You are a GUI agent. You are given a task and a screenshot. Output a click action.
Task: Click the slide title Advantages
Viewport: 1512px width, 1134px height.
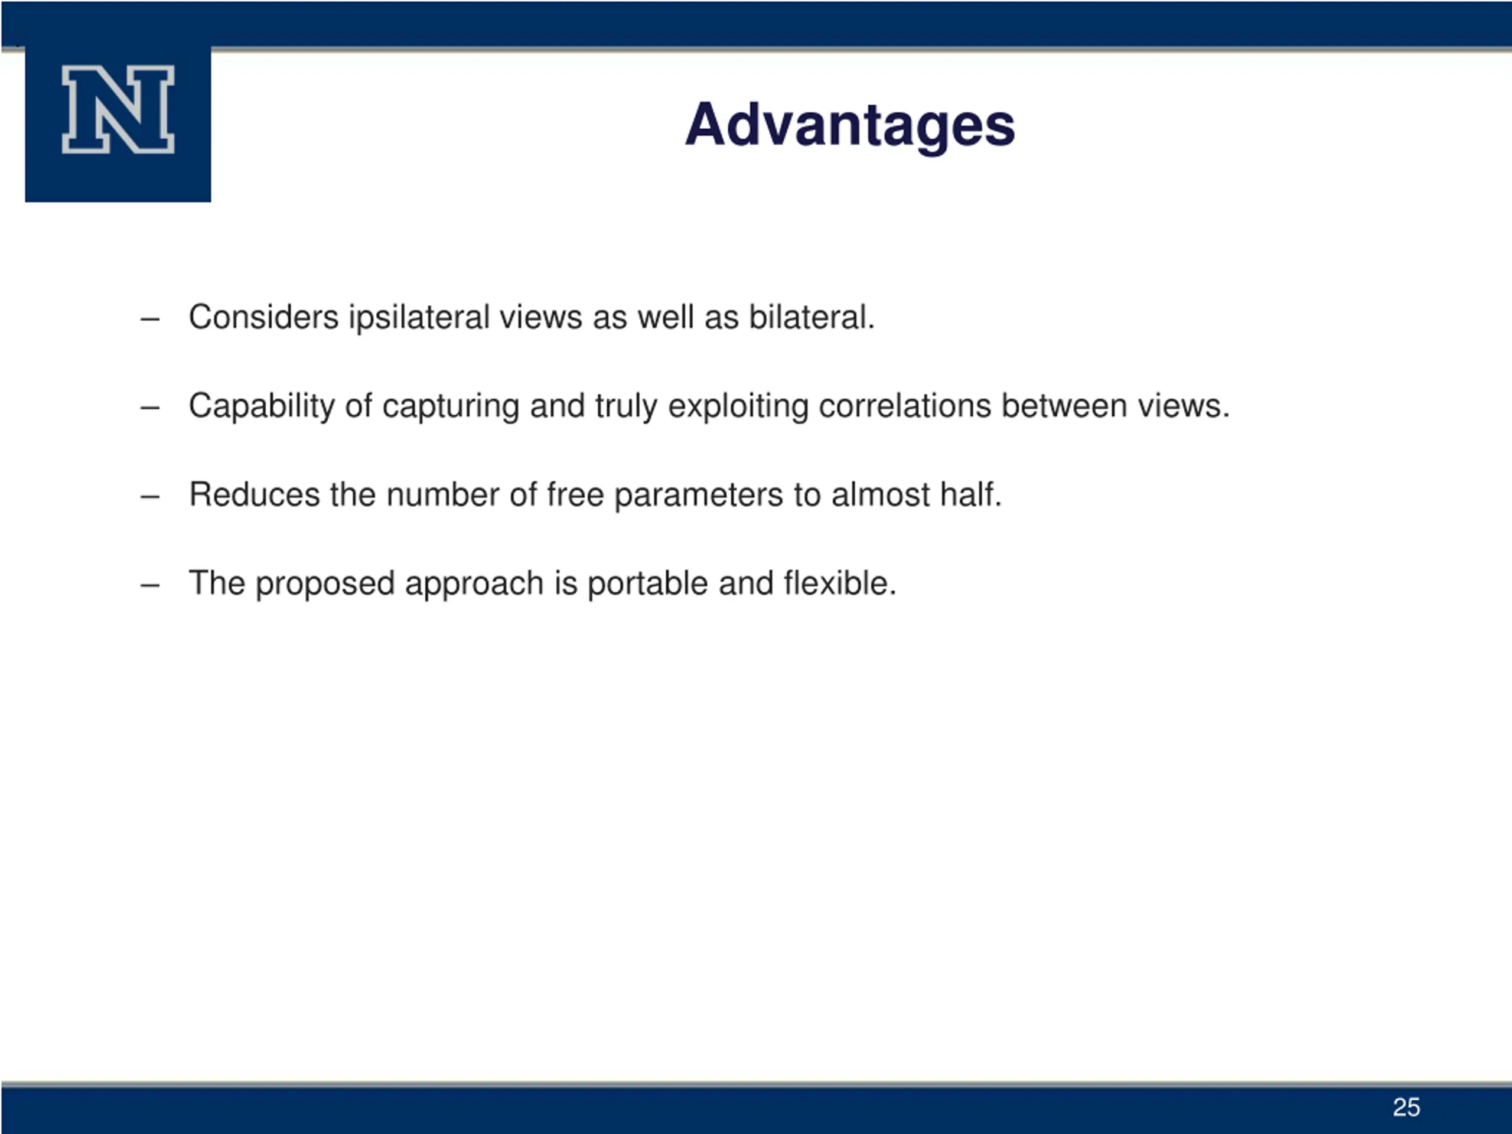tap(850, 126)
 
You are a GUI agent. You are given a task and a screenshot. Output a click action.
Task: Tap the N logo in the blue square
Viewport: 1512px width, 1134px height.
tap(118, 109)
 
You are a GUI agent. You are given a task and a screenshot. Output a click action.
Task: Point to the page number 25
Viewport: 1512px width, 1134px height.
tap(1406, 1107)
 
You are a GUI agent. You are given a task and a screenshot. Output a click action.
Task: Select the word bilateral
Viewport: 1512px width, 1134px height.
tap(812, 317)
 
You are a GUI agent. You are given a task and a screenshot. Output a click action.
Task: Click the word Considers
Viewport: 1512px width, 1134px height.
tap(264, 317)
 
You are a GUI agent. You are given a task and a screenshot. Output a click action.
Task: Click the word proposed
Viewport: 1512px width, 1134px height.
tap(325, 585)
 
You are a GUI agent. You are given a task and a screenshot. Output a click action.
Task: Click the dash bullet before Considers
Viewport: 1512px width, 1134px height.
tap(149, 318)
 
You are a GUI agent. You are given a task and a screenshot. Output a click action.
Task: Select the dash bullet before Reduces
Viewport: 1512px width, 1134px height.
tap(149, 496)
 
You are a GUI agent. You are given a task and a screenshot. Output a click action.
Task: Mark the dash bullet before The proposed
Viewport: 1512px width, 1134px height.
tap(149, 585)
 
